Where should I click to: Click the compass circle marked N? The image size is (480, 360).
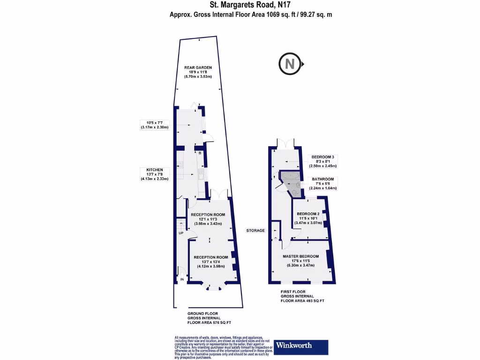(290, 64)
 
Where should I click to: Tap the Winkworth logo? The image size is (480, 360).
(301, 346)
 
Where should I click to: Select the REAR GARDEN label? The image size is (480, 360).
(198, 67)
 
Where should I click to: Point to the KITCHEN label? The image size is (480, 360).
(155, 169)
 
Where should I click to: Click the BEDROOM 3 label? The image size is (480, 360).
(323, 157)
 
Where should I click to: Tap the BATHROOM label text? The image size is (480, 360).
(323, 179)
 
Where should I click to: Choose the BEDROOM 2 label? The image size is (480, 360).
(308, 214)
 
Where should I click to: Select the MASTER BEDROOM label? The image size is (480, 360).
(300, 256)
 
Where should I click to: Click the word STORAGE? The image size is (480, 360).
(256, 231)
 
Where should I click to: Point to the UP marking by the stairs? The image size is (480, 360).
(181, 233)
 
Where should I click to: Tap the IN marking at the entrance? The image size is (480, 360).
(182, 280)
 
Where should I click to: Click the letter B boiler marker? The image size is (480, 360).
(200, 153)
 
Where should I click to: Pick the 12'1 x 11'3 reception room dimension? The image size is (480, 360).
(209, 219)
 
